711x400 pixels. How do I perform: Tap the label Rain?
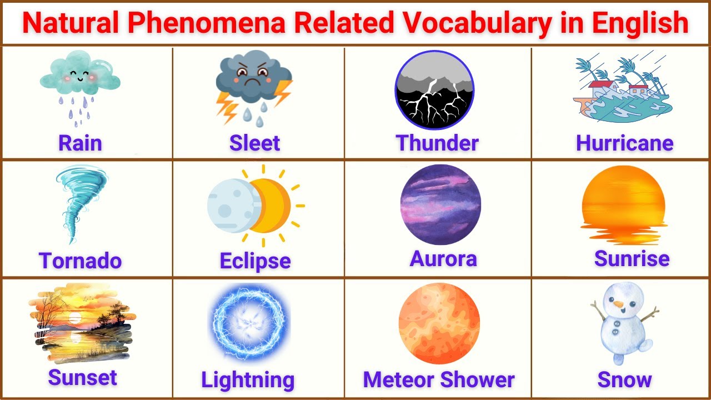tap(80, 143)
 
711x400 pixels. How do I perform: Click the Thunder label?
tap(437, 143)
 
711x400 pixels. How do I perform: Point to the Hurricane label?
tap(624, 143)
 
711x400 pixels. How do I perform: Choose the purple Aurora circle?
tap(440, 204)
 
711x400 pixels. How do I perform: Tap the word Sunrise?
tap(632, 258)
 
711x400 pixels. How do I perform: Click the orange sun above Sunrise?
tap(623, 197)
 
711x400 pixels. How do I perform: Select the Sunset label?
tap(82, 378)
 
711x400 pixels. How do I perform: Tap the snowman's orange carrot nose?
tap(618, 304)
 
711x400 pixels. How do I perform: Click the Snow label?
tap(624, 380)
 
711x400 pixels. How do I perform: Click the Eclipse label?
tap(255, 261)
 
